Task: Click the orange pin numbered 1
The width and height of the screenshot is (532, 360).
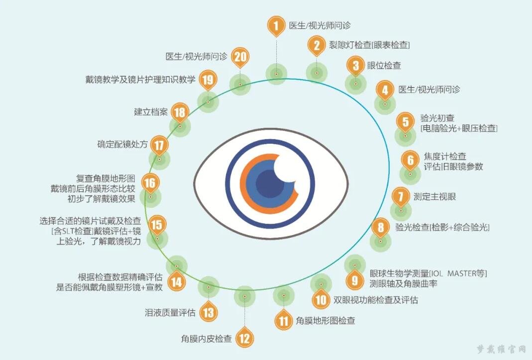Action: [x=276, y=25]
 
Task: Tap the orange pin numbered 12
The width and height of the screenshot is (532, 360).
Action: [x=244, y=338]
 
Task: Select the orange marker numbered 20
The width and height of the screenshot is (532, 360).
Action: [x=240, y=56]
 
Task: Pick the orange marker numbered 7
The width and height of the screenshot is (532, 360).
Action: [x=401, y=196]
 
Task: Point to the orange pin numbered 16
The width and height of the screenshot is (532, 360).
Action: [x=150, y=183]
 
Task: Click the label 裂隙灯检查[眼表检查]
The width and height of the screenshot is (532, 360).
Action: [x=369, y=45]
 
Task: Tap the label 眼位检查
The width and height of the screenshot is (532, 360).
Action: [x=384, y=66]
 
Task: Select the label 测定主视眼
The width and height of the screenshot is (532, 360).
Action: [x=434, y=196]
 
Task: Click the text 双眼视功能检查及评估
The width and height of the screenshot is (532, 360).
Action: [x=376, y=300]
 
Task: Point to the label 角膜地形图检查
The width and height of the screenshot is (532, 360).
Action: [x=325, y=321]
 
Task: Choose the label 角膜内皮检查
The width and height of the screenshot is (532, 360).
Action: [x=207, y=338]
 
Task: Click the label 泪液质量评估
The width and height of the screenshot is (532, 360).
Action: [x=170, y=313]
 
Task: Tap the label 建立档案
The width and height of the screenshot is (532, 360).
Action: [x=151, y=112]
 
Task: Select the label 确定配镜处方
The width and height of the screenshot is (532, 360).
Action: [x=122, y=144]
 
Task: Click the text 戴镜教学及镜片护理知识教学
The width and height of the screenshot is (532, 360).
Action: [x=140, y=80]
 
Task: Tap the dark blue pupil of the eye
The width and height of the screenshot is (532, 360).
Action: [x=270, y=183]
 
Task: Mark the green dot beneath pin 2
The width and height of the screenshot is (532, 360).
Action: [x=317, y=73]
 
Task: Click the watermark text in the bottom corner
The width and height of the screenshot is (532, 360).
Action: [x=501, y=350]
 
